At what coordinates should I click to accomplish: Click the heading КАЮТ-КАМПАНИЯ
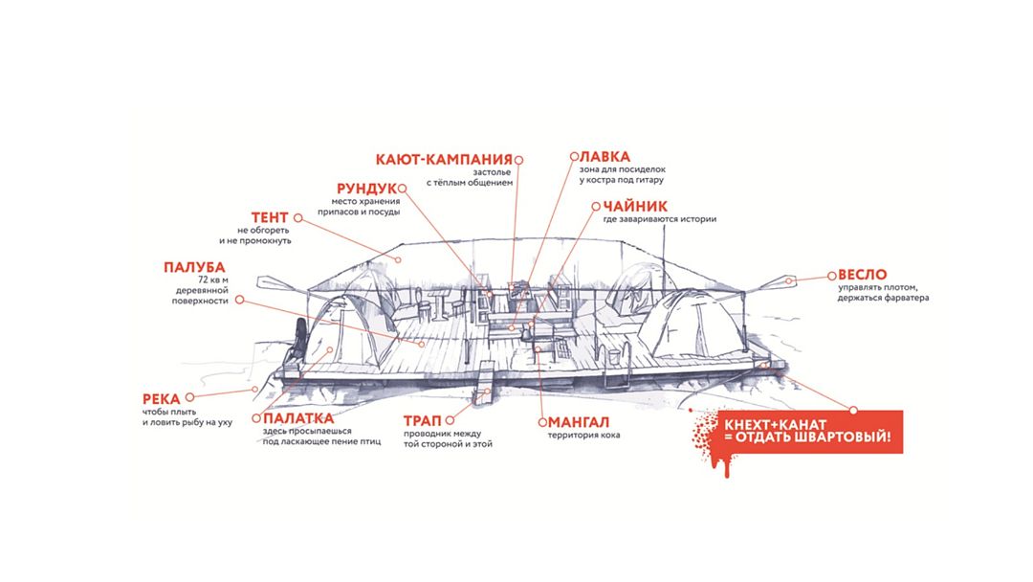pos(443,159)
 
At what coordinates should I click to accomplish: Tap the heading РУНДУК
pos(366,188)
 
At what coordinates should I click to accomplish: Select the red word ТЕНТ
pos(271,217)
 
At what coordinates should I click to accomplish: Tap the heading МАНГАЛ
pos(580,421)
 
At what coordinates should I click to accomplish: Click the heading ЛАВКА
pos(605,155)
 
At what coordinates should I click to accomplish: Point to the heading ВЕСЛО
pos(866,274)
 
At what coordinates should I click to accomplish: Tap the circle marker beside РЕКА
pos(189,396)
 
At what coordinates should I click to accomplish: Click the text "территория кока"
pos(583,436)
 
